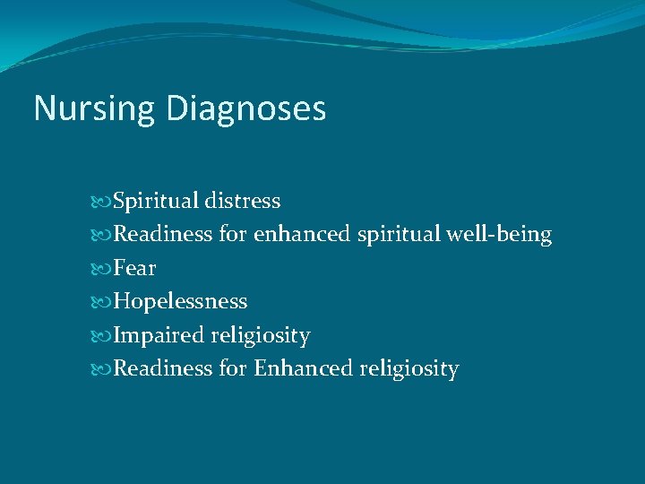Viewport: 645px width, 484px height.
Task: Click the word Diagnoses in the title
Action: tap(245, 109)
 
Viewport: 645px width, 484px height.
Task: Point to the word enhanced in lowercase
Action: tap(302, 235)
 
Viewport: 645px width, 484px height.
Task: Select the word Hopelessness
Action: tap(181, 302)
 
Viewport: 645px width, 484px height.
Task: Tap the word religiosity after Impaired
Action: tap(261, 336)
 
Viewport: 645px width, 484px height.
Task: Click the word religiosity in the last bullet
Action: tap(408, 368)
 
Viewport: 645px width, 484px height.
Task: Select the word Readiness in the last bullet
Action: tap(163, 368)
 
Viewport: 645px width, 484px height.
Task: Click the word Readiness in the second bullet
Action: tap(163, 235)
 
